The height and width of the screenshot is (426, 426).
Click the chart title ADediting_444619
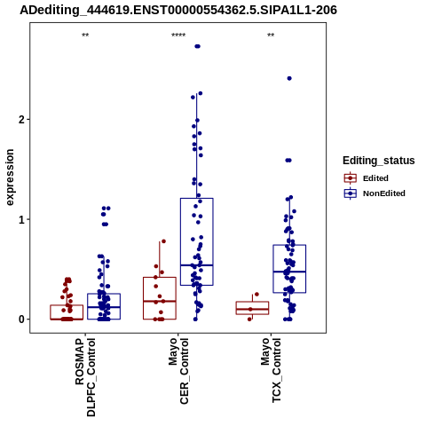[178, 10]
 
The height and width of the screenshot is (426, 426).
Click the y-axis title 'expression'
[10, 177]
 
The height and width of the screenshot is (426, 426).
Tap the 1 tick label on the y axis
[22, 219]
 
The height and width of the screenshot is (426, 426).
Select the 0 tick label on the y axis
[22, 319]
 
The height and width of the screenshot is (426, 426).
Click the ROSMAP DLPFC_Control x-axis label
[85, 377]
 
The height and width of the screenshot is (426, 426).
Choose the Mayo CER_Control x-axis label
[178, 371]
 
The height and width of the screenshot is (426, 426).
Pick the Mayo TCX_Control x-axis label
[271, 370]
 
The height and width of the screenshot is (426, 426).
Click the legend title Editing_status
[379, 161]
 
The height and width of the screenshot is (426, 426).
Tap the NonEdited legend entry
[375, 193]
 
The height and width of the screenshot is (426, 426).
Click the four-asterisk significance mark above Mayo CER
[178, 35]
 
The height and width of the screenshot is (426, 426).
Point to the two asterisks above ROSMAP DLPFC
[85, 35]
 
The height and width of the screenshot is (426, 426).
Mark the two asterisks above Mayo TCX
[271, 35]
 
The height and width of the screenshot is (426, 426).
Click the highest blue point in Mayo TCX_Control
[289, 78]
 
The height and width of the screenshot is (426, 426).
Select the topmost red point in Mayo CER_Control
[163, 241]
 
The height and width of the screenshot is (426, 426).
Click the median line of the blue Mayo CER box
[197, 265]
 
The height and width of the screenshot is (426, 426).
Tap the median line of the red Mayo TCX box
[252, 309]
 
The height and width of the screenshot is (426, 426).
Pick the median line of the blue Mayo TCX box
[289, 272]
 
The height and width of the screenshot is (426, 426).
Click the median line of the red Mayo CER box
[160, 301]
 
